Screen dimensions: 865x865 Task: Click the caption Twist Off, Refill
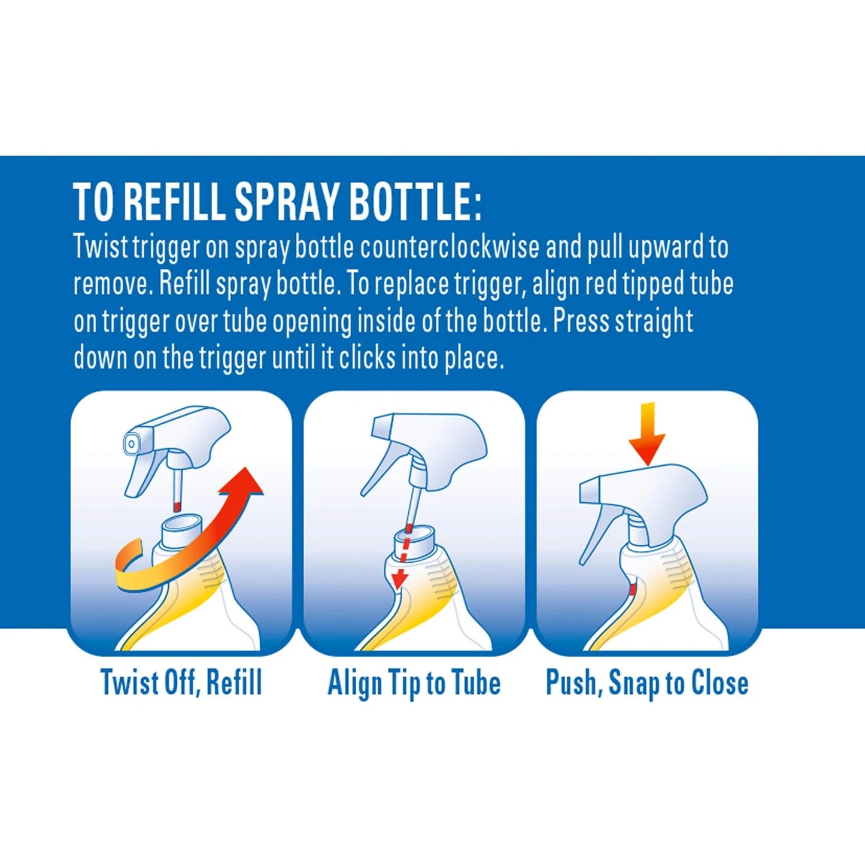tap(181, 683)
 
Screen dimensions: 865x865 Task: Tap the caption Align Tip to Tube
tap(414, 683)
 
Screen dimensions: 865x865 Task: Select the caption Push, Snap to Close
tap(647, 683)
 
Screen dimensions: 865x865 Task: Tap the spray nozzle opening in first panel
tap(130, 443)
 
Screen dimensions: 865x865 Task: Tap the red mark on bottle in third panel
tap(632, 590)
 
